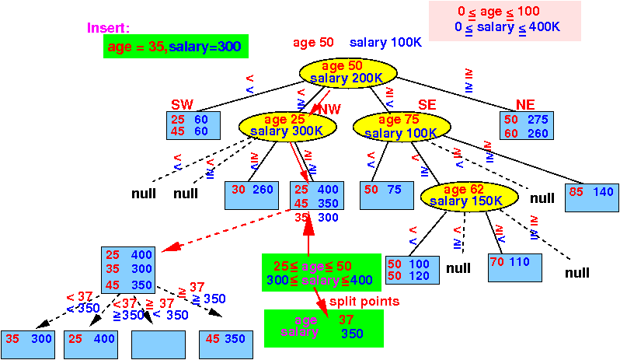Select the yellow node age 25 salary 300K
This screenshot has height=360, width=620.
tap(280, 125)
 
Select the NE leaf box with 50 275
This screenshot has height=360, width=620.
tap(526, 126)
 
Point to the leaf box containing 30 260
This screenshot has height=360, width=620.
tap(250, 194)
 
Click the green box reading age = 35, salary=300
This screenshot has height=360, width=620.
tap(175, 47)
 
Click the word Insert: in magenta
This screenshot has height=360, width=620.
tap(108, 28)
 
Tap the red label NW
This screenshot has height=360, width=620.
tap(329, 109)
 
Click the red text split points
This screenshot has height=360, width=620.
tap(364, 301)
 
